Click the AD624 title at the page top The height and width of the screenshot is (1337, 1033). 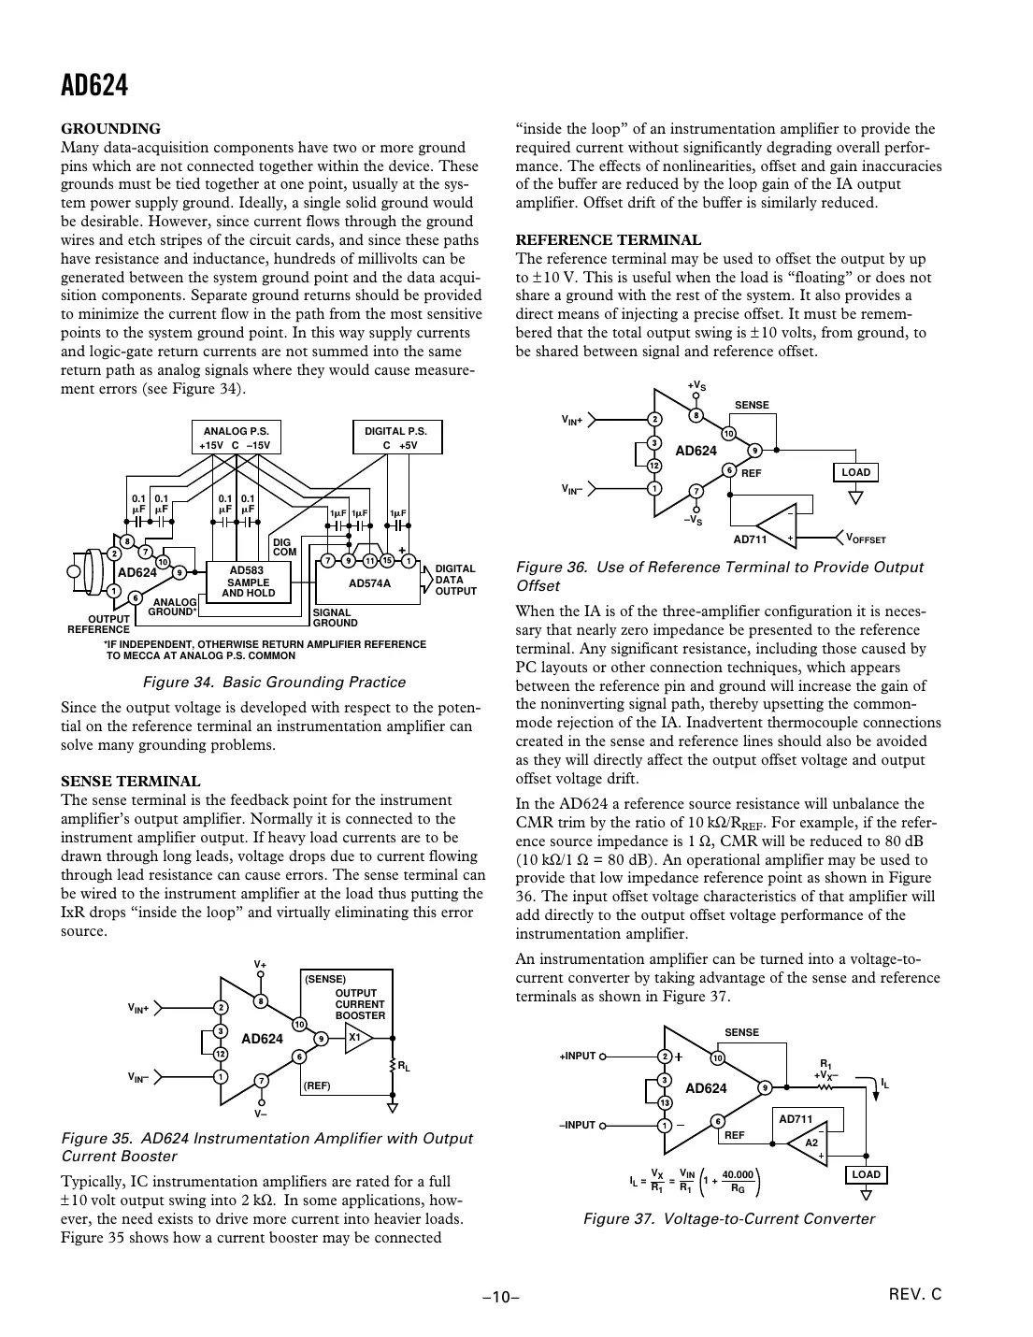(x=93, y=86)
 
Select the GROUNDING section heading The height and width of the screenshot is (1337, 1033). (x=110, y=129)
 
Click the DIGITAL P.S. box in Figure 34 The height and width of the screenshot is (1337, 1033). (x=395, y=438)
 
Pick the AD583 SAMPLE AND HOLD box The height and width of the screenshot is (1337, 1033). (x=248, y=582)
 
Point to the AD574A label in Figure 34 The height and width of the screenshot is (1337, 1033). (x=369, y=582)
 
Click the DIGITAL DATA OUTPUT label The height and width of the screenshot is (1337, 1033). (x=455, y=580)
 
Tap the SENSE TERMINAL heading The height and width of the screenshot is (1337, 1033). (x=130, y=782)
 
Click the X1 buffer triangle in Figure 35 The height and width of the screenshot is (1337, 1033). (x=356, y=1038)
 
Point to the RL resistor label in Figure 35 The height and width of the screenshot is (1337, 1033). (x=403, y=1065)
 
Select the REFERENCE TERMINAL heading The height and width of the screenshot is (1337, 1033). (x=609, y=240)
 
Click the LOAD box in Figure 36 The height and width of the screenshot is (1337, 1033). (x=855, y=472)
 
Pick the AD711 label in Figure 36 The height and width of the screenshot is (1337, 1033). (x=750, y=539)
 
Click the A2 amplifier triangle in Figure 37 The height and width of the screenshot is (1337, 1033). (x=810, y=1143)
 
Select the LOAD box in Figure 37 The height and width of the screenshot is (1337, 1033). (x=868, y=1174)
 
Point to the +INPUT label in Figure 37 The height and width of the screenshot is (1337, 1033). (x=577, y=1056)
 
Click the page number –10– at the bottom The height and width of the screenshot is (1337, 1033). (x=500, y=1297)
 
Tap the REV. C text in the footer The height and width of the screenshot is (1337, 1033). (x=915, y=1295)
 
